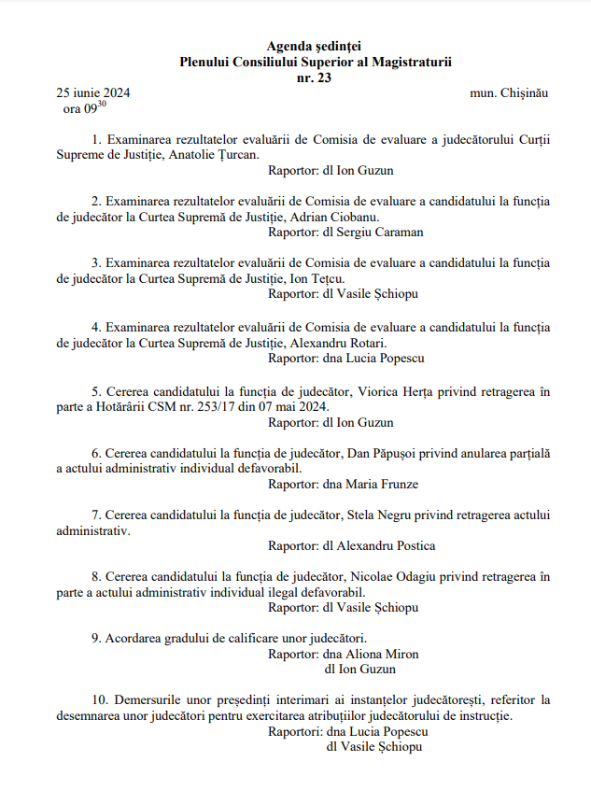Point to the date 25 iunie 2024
click(x=92, y=93)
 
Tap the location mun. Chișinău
click(x=509, y=93)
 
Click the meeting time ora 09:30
click(x=80, y=109)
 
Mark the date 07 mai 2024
click(x=297, y=406)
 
